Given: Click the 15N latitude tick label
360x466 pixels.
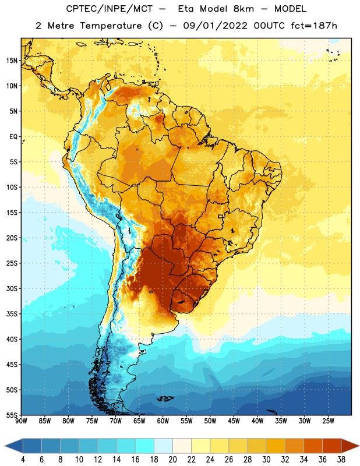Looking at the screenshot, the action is click(12, 61).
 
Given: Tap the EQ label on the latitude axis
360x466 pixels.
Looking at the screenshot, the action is click(13, 137).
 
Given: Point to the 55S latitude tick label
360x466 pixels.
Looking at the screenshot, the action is click(12, 415).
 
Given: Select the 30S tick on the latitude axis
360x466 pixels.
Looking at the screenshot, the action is click(12, 288).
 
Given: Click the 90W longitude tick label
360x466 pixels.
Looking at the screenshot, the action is click(21, 421).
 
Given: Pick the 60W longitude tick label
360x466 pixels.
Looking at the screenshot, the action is click(163, 421).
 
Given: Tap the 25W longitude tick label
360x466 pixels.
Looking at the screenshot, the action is click(328, 421).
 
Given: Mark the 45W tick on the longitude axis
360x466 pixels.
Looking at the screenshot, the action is click(234, 421).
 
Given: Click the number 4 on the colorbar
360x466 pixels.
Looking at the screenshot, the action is click(23, 460).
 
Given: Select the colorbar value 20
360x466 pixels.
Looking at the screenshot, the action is click(172, 460).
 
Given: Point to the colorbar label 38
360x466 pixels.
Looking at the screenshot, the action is click(341, 460).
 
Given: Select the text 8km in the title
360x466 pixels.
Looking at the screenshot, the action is click(243, 9).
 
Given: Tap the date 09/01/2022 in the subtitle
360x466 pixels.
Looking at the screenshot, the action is click(215, 26).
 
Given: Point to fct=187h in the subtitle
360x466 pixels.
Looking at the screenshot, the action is click(314, 26).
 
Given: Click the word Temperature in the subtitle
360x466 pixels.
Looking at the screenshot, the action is click(111, 26).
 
